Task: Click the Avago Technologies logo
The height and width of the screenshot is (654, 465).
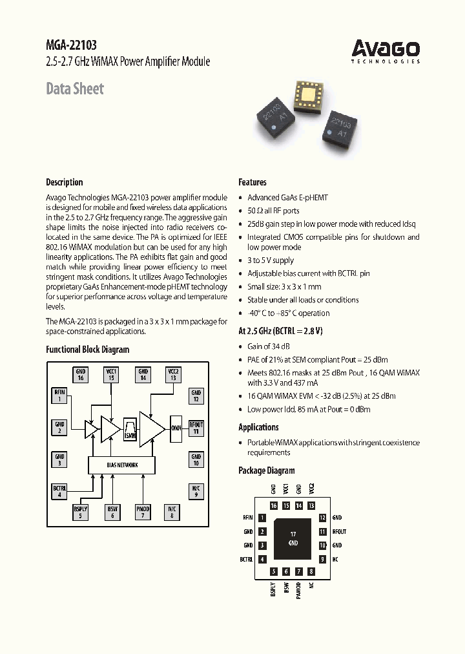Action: coord(386,51)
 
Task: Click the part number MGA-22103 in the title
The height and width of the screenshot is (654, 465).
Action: coord(72,45)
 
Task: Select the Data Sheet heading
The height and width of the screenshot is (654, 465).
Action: coord(75,89)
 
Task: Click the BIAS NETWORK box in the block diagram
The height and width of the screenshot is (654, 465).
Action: coord(122,465)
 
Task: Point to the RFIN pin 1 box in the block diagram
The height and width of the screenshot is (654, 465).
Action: coord(59,395)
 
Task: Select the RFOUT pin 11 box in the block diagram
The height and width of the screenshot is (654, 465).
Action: coord(196,427)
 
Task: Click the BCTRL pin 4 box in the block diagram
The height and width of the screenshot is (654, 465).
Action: coord(59,491)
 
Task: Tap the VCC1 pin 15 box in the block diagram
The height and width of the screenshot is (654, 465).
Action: coord(111,374)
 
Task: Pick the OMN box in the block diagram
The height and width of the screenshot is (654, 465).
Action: coord(176,427)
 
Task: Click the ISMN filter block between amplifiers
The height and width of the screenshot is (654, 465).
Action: coord(130,428)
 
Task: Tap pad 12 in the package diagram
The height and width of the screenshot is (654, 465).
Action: coord(322,518)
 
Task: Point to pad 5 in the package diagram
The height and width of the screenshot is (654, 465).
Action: coord(274,571)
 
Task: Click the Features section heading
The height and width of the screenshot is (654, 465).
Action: coord(253,182)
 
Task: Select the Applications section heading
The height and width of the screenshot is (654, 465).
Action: coord(258,427)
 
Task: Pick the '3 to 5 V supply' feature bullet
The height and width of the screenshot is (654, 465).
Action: coord(270,260)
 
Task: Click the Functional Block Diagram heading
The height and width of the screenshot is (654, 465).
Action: coord(87,350)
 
